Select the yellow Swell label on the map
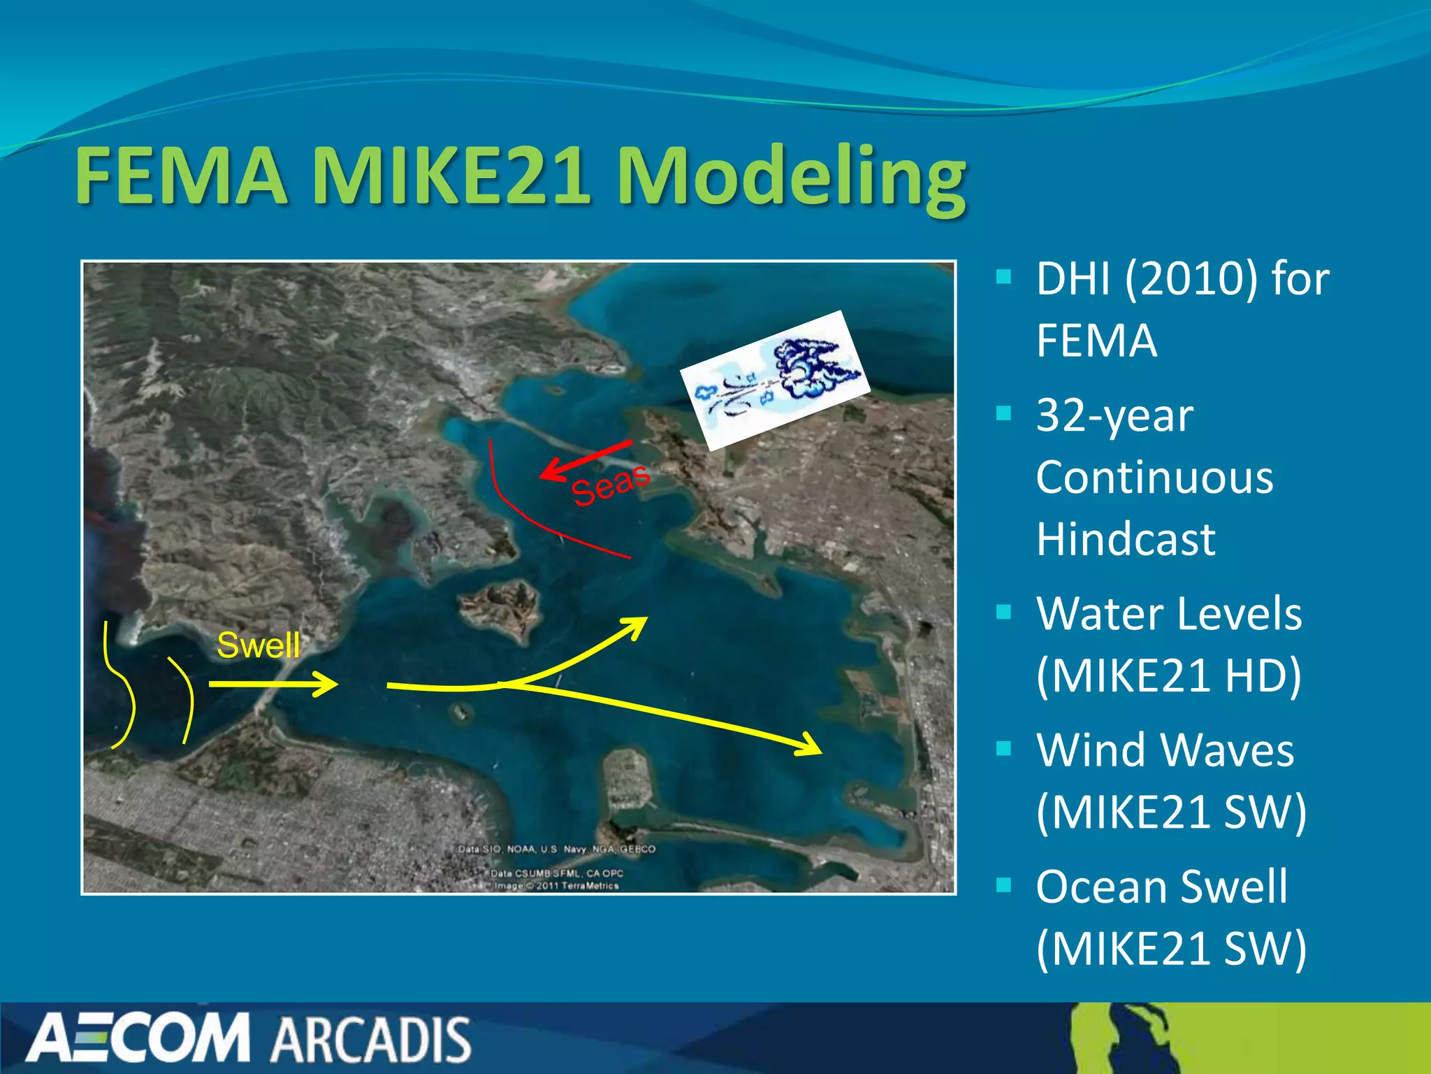258,645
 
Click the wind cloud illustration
776,380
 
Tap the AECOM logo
138,1039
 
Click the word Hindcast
1126,539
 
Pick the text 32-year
1114,416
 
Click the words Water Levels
1168,614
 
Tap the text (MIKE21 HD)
1168,676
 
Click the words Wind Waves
1165,750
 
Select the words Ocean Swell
1161,887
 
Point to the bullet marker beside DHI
1004,277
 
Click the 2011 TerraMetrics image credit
556,886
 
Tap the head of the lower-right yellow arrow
814,747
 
